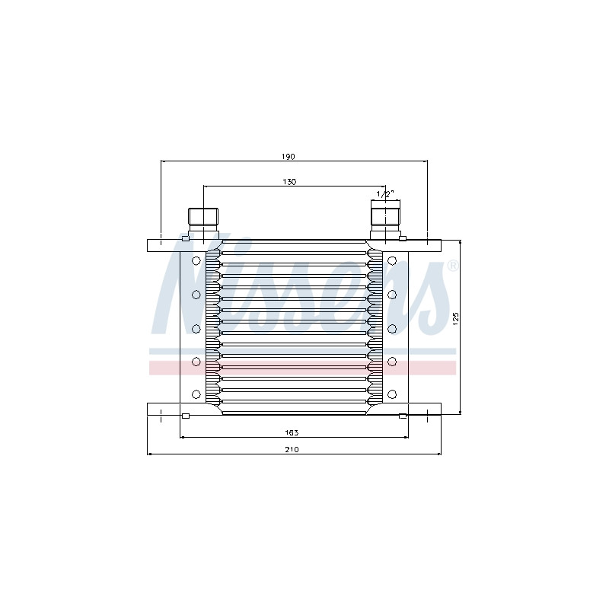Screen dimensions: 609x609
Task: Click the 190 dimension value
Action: [x=289, y=157]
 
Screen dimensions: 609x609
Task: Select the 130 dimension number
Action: [x=289, y=182]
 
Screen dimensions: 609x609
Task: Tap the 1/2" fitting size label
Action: [x=385, y=194]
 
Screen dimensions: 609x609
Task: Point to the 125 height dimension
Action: [x=456, y=318]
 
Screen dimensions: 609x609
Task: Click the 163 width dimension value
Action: [x=292, y=432]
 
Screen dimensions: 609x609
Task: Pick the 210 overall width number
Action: [x=292, y=450]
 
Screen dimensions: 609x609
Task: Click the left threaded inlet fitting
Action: [x=203, y=223]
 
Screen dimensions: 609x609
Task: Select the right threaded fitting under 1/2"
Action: [x=385, y=219]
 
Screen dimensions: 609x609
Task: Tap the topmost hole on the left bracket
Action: [x=196, y=261]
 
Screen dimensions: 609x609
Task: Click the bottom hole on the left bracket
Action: [x=196, y=394]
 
